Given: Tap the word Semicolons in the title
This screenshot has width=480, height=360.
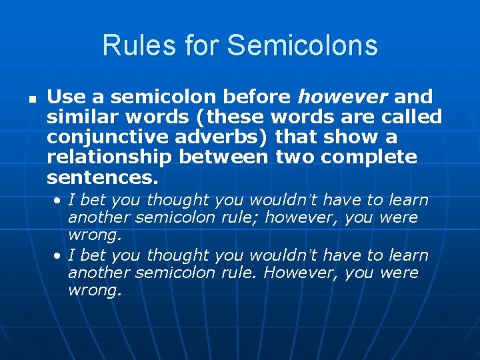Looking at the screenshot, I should pos(302,46).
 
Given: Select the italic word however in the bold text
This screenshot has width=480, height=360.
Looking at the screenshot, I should pos(342,97).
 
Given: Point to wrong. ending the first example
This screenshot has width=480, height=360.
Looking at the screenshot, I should pos(95,235).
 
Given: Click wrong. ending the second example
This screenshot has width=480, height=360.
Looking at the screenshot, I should pos(95,291).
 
